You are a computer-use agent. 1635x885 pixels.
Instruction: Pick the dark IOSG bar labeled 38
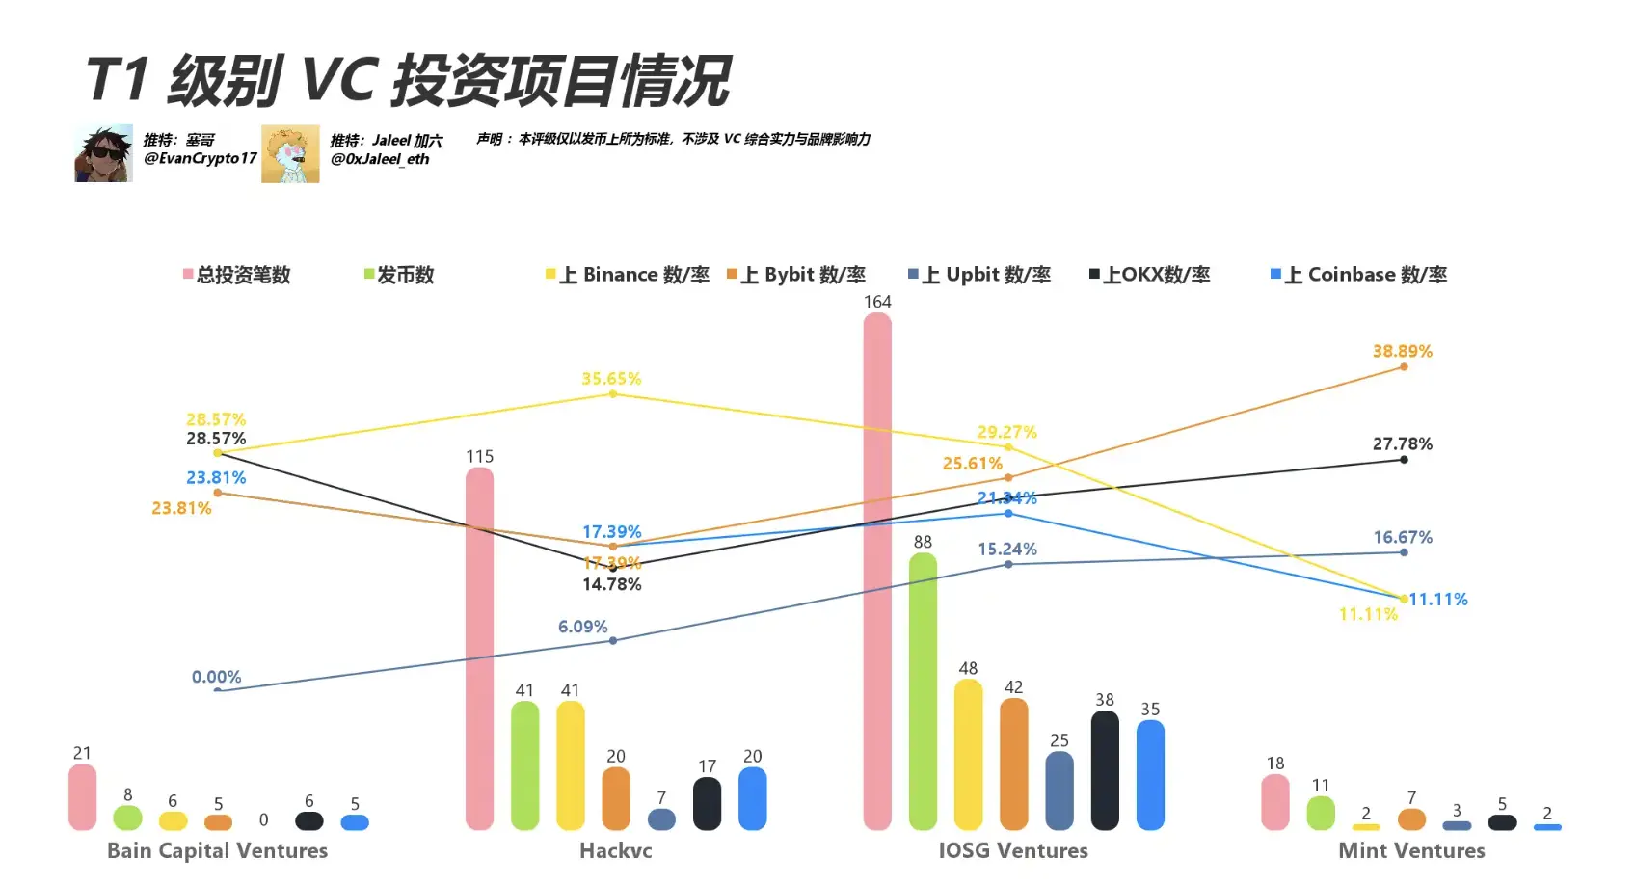pyautogui.click(x=1105, y=770)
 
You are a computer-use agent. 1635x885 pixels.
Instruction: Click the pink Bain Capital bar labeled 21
pyautogui.click(x=83, y=797)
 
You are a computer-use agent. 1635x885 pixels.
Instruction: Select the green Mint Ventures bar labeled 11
pyautogui.click(x=1321, y=813)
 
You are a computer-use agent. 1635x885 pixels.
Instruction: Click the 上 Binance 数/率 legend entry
pyautogui.click(x=628, y=275)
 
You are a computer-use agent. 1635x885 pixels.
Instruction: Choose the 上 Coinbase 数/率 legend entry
pyautogui.click(x=1358, y=275)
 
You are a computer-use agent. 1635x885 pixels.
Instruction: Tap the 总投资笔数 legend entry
pyautogui.click(x=237, y=275)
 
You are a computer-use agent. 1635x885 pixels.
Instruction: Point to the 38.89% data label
pyautogui.click(x=1402, y=351)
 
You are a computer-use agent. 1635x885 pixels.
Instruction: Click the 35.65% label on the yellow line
pyautogui.click(x=611, y=378)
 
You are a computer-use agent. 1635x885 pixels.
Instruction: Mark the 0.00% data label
pyautogui.click(x=216, y=677)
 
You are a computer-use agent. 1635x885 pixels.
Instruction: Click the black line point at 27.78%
pyautogui.click(x=1404, y=460)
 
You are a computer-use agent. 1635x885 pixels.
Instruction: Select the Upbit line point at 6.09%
pyautogui.click(x=613, y=640)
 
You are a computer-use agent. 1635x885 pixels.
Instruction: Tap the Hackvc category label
pyautogui.click(x=615, y=850)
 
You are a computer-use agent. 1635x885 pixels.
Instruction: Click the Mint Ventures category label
pyautogui.click(x=1411, y=850)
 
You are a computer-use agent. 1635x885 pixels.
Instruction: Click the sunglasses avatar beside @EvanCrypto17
pyautogui.click(x=103, y=153)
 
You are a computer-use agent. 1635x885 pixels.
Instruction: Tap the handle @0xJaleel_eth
pyautogui.click(x=380, y=159)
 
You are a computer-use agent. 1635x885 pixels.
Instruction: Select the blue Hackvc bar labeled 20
pyautogui.click(x=752, y=798)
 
